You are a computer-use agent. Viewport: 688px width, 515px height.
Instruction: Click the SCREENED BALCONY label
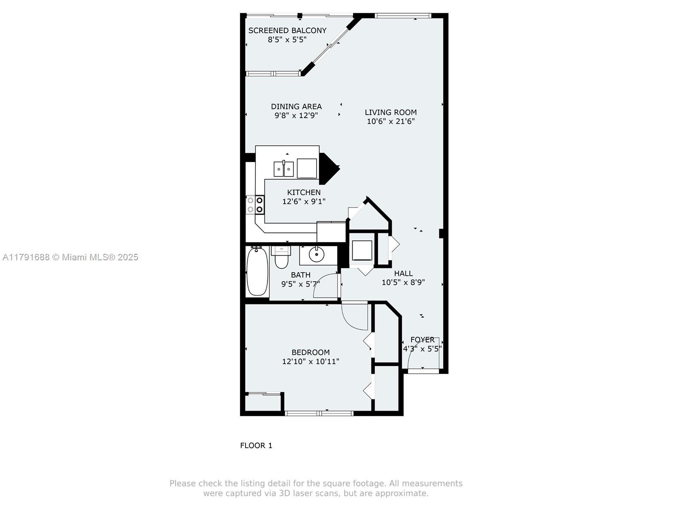coord(287,30)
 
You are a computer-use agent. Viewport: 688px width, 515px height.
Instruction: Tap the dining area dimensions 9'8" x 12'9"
coord(296,116)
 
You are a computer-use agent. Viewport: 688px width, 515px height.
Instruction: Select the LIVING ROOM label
coord(390,113)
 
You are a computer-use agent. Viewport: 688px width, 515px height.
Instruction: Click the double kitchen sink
coord(284,169)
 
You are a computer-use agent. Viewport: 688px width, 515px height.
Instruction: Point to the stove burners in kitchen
coord(255,205)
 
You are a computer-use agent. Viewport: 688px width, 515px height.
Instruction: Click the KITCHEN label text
coord(304,192)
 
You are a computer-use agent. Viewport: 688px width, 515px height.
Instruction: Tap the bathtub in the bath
coord(258,271)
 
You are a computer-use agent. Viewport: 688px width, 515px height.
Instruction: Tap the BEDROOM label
coord(310,352)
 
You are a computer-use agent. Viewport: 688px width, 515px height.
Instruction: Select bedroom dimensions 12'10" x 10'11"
coord(310,362)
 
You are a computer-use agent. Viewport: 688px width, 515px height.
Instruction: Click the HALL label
coord(403,274)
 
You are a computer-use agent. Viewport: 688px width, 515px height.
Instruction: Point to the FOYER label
coord(422,340)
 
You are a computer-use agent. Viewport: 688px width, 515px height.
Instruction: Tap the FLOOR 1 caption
coord(256,445)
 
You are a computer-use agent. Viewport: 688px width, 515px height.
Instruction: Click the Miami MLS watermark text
coord(71,257)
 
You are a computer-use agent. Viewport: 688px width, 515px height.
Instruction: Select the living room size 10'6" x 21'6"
coord(390,122)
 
